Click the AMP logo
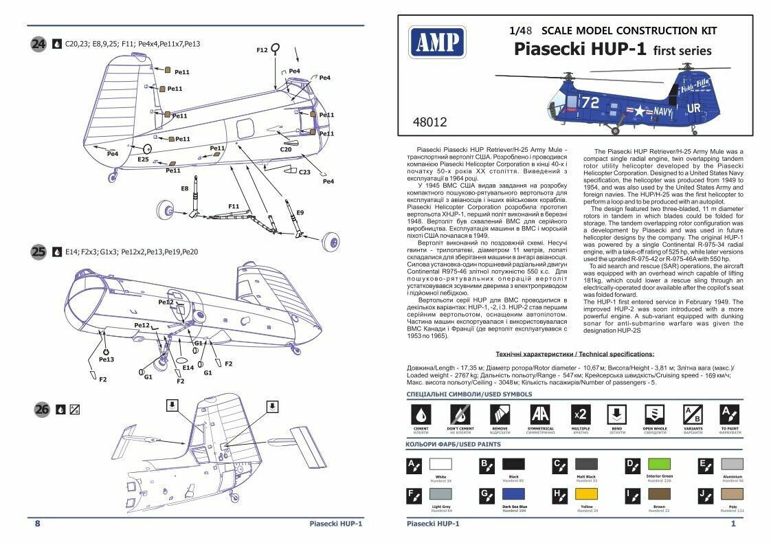pyautogui.click(x=435, y=43)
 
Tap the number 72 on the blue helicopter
pyautogui.click(x=590, y=102)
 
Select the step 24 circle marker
pyautogui.click(x=38, y=44)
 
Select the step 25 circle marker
pyautogui.click(x=38, y=252)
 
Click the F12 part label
pyautogui.click(x=262, y=50)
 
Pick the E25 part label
pyautogui.click(x=143, y=159)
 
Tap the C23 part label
pyautogui.click(x=304, y=172)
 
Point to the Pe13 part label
pyautogui.click(x=107, y=359)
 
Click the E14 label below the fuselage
pyautogui.click(x=188, y=367)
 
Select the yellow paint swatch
pyautogui.click(x=585, y=495)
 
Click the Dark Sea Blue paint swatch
pyautogui.click(x=513, y=495)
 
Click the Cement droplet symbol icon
pyautogui.click(x=421, y=414)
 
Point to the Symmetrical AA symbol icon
pyautogui.click(x=540, y=414)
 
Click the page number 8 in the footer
pyautogui.click(x=37, y=524)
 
